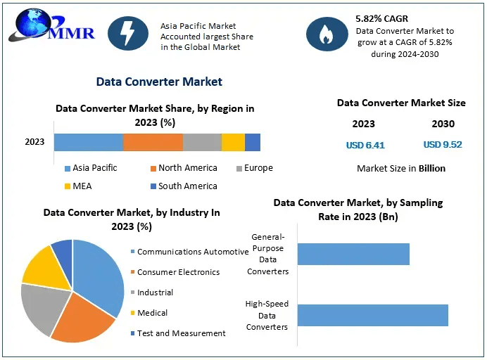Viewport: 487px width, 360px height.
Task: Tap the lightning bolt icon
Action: tap(128, 32)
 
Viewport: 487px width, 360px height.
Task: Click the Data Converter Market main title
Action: tap(159, 82)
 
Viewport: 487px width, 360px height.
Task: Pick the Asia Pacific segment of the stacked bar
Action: tap(88, 142)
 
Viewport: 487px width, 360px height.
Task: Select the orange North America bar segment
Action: tap(153, 142)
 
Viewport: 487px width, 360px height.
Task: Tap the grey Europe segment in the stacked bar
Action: tap(202, 142)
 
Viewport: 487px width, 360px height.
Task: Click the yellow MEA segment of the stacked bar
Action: tap(233, 142)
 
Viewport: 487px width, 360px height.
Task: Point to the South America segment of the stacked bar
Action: tap(253, 142)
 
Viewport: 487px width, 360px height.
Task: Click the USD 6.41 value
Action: tap(365, 146)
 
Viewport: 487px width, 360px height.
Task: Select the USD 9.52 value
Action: tap(443, 145)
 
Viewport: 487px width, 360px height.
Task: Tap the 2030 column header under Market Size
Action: tap(443, 124)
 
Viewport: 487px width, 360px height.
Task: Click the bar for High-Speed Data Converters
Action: tap(372, 315)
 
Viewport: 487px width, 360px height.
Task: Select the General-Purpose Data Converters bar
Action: tap(353, 254)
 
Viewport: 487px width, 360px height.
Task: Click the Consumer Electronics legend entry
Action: tap(177, 272)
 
